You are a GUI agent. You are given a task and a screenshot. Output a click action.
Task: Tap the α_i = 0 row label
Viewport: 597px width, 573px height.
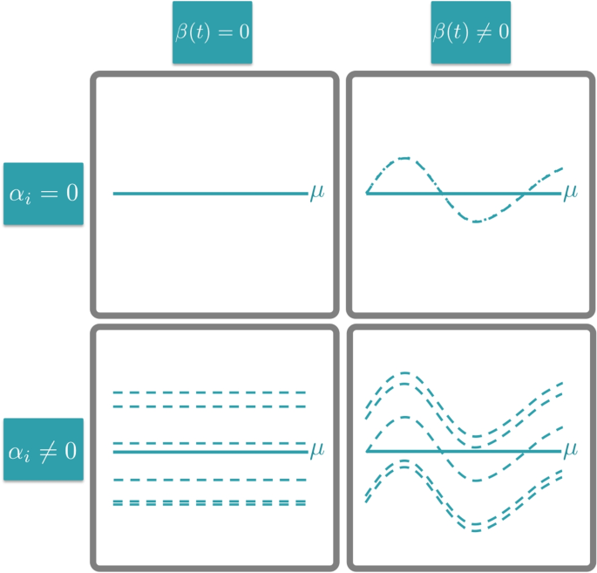pos(44,193)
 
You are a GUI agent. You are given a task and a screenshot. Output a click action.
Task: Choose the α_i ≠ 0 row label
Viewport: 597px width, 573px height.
pos(44,450)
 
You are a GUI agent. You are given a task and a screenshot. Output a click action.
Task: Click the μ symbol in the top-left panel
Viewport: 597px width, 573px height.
pos(315,192)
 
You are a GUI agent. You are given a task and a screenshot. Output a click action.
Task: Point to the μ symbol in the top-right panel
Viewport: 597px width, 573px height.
pos(570,192)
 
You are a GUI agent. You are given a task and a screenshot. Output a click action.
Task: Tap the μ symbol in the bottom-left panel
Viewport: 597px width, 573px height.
pos(315,450)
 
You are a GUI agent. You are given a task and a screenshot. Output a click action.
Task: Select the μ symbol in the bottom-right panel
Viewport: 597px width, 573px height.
pos(570,450)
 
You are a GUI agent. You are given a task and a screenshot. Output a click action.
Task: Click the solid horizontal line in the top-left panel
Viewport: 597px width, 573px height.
pos(209,193)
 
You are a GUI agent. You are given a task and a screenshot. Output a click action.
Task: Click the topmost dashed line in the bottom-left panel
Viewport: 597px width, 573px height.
pos(209,392)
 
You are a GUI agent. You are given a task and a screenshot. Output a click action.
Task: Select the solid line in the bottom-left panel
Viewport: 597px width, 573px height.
pos(209,451)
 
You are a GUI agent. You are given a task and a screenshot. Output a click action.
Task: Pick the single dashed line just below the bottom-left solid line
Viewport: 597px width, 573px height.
pos(209,480)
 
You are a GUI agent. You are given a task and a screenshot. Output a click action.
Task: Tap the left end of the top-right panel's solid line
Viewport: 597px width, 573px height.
pos(367,193)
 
